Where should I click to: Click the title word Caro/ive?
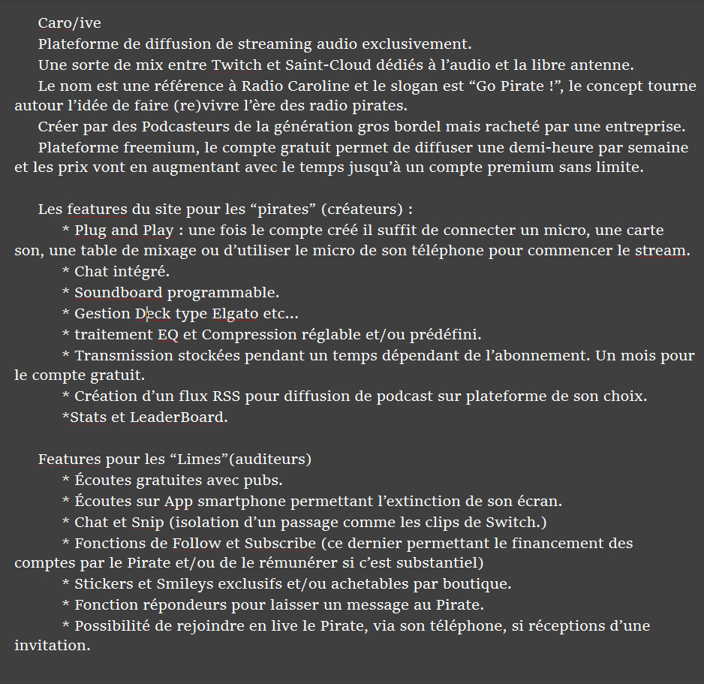(x=69, y=23)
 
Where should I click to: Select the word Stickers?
(x=102, y=583)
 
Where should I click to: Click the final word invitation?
(x=52, y=645)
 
